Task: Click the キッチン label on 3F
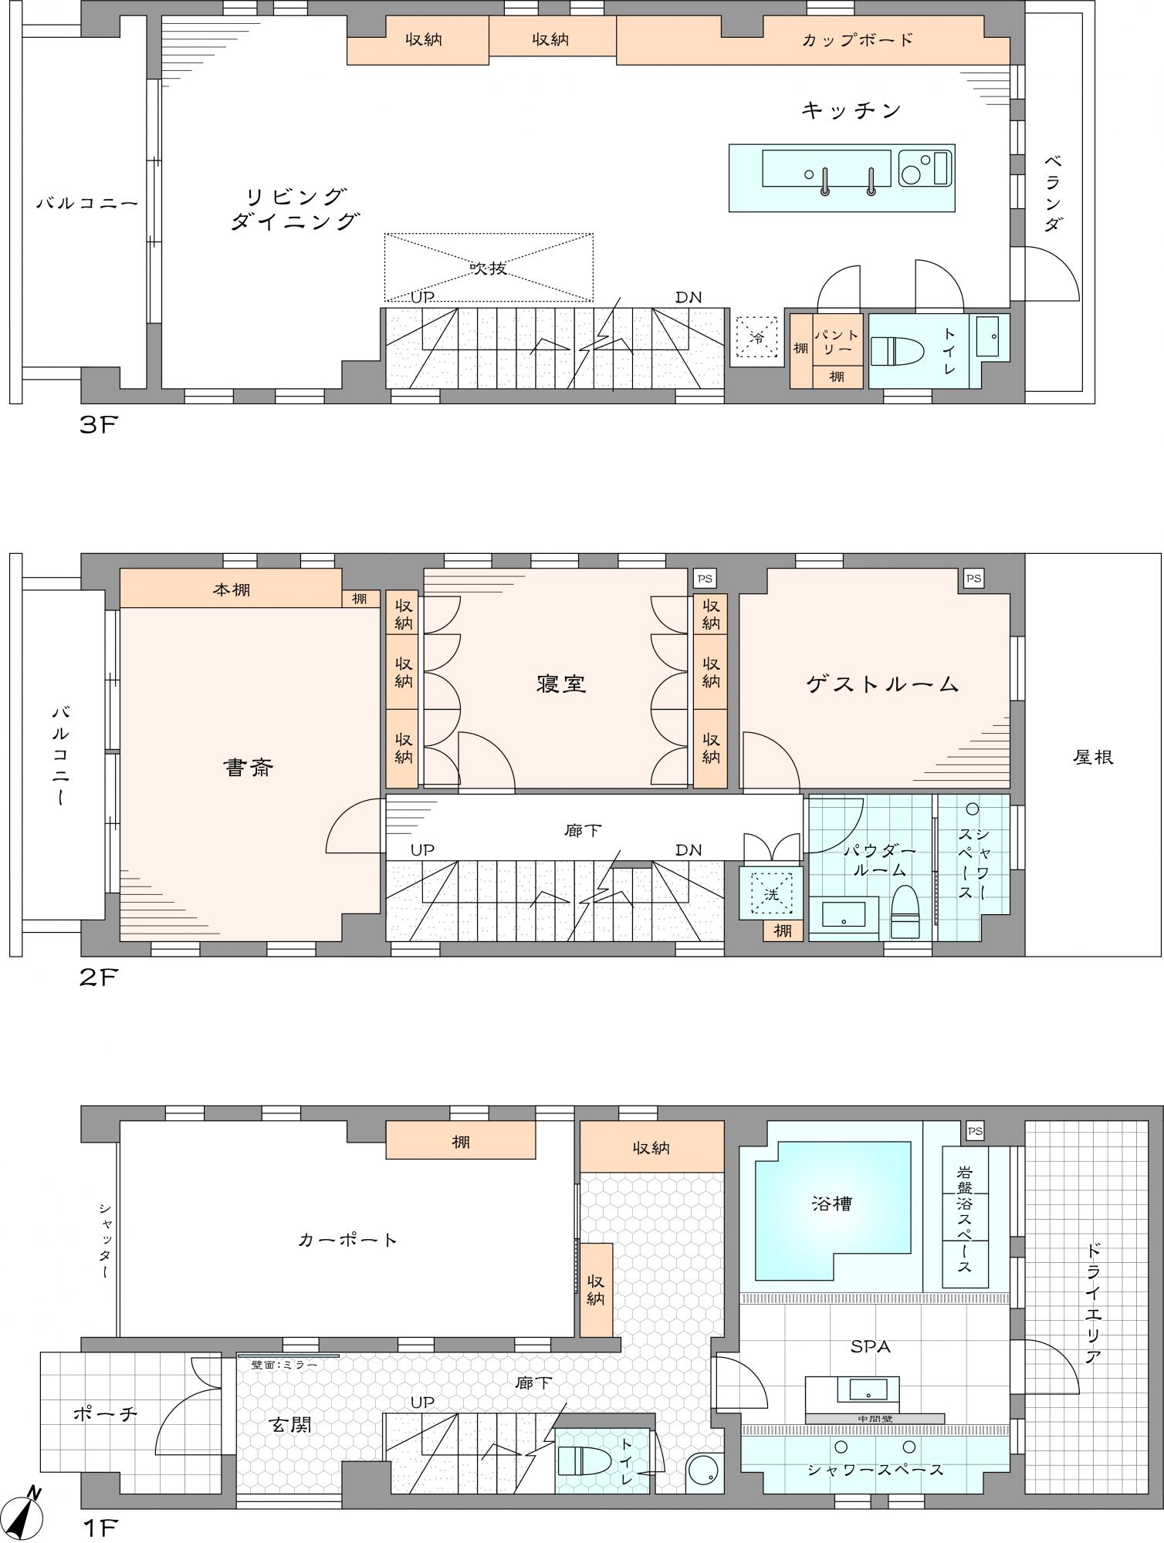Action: point(851,111)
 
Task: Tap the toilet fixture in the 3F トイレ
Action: point(898,351)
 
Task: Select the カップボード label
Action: point(858,40)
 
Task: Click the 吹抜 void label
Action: point(489,268)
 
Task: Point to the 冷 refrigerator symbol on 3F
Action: point(757,337)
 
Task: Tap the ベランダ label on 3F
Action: point(1052,193)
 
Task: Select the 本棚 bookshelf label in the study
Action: point(232,591)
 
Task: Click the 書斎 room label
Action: point(249,768)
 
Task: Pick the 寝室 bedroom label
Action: point(561,684)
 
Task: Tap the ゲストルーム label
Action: point(883,684)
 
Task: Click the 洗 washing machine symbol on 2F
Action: point(771,894)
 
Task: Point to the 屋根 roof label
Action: point(1093,758)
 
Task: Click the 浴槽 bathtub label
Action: point(832,1204)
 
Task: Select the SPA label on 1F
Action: point(871,1347)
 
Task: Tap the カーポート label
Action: point(348,1241)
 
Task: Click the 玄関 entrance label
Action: point(291,1425)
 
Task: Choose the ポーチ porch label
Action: point(105,1413)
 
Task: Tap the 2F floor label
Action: point(98,977)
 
